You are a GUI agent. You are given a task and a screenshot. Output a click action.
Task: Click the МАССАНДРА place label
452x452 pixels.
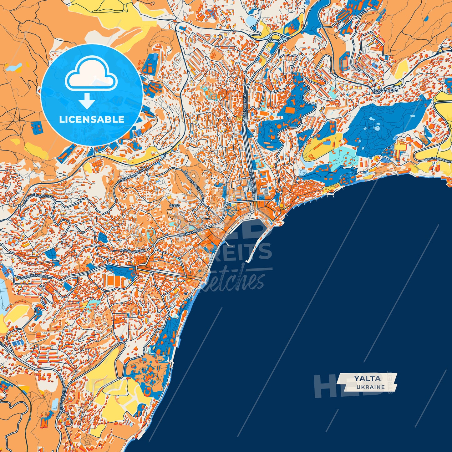click(x=385, y=90)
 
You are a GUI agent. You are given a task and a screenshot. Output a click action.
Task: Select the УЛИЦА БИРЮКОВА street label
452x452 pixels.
click(x=32, y=277)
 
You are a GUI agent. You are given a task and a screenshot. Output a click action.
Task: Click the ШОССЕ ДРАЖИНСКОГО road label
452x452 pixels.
click(x=438, y=160)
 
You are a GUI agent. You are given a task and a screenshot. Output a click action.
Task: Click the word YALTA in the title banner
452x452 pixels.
click(x=367, y=378)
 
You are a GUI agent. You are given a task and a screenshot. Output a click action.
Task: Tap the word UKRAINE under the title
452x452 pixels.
click(x=370, y=387)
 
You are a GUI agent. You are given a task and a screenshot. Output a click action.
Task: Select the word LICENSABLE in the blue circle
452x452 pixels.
click(x=92, y=119)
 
